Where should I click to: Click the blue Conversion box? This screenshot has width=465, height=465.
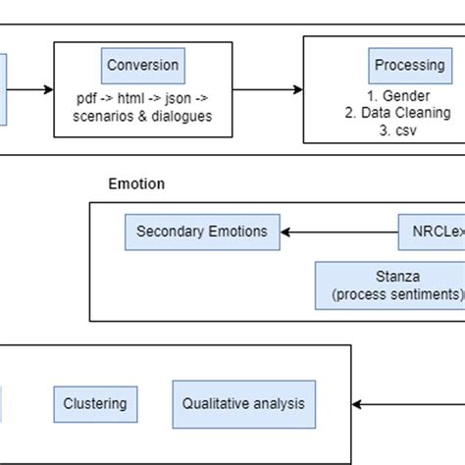[x=143, y=66]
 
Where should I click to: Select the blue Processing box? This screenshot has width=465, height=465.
[x=409, y=66]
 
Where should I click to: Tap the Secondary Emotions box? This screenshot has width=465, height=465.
[x=202, y=232]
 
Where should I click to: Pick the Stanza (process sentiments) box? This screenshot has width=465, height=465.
[x=390, y=285]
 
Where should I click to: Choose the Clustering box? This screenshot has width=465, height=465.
[x=95, y=403]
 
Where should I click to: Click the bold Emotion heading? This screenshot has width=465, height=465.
[x=135, y=183]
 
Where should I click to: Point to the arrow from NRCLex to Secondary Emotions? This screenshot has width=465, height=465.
[x=338, y=232]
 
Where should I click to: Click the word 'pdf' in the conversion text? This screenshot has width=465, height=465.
[x=87, y=100]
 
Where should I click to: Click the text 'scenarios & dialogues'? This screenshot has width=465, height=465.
[x=142, y=118]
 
